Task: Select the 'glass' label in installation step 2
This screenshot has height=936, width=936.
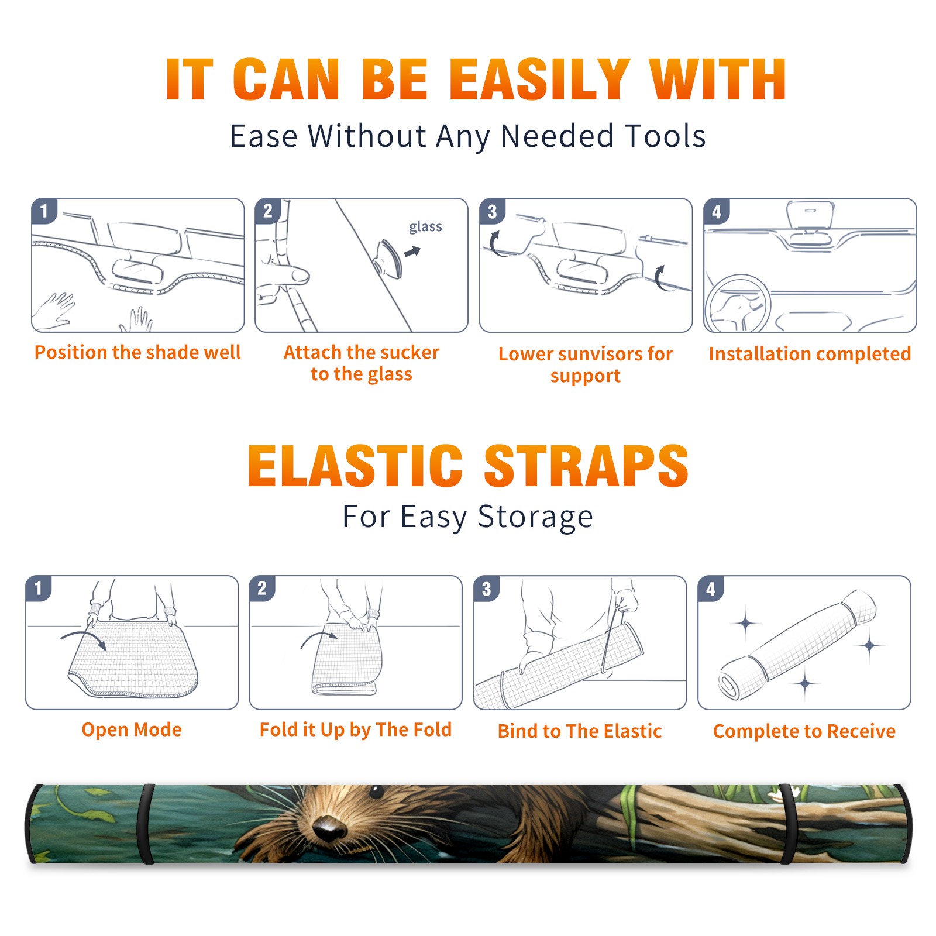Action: coord(425,227)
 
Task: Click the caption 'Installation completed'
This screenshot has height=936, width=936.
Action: coord(810,353)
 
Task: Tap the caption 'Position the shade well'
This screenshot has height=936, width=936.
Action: coord(137,352)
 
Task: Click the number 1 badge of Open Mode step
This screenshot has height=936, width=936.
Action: coord(39,588)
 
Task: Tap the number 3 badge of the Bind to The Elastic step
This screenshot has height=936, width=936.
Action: coord(487,589)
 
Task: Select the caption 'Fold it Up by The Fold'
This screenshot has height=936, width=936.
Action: coord(356,729)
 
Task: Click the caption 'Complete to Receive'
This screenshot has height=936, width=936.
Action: coord(804,731)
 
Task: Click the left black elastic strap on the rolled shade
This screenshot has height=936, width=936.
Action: coord(146,824)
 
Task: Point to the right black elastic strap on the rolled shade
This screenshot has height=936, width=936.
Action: coord(787,824)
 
